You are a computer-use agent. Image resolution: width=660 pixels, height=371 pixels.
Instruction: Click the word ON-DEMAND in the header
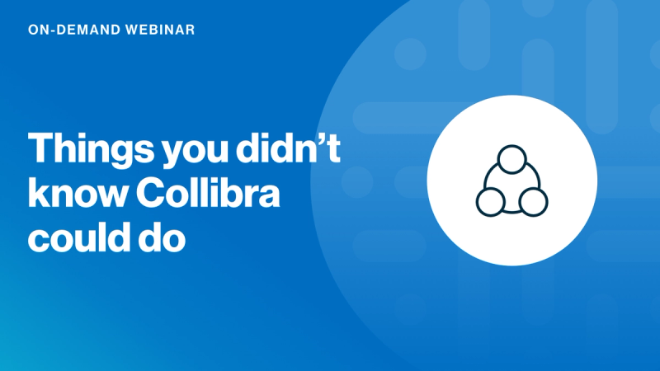pyautogui.click(x=69, y=30)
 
